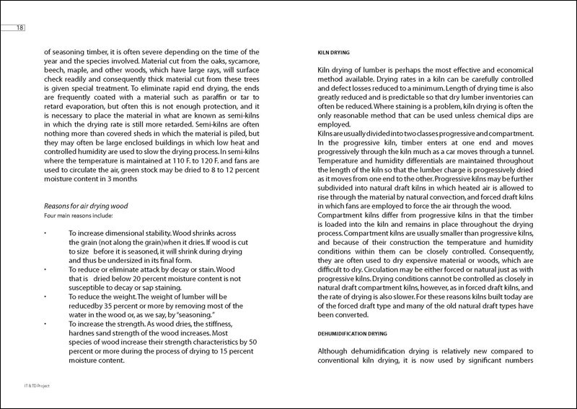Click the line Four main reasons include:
click(x=77, y=215)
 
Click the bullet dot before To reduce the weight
click(x=45, y=293)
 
